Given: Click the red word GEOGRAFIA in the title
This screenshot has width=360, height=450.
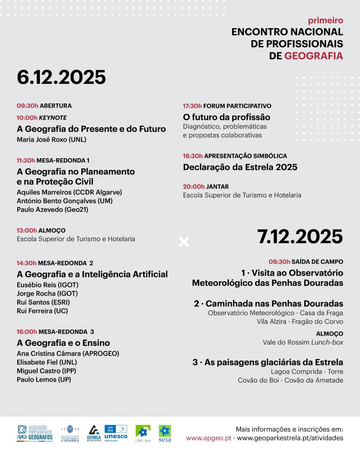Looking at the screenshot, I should click(313, 56).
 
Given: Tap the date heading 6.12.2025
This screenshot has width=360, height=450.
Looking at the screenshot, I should click(61, 77).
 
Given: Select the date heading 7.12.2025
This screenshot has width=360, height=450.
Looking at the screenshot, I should click(300, 236).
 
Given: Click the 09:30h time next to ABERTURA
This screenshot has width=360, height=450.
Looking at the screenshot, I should click(27, 106).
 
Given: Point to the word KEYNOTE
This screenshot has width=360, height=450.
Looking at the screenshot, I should click(53, 118).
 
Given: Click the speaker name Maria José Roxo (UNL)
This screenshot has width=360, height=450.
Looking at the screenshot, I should click(51, 140).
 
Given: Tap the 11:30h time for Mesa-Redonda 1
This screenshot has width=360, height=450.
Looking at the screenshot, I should click(26, 160).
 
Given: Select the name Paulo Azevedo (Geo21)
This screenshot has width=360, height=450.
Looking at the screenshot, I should click(52, 210).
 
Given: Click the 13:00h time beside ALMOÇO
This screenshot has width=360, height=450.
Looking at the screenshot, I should click(27, 231).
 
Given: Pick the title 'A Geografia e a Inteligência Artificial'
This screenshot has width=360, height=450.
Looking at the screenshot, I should click(92, 274).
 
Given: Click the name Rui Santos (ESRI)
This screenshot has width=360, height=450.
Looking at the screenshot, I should click(43, 302).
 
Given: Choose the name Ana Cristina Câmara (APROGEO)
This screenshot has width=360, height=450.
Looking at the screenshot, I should click(68, 354).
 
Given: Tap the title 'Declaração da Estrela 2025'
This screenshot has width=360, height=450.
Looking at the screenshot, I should click(240, 167).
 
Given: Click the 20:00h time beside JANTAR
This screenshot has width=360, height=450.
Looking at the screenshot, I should click(194, 187).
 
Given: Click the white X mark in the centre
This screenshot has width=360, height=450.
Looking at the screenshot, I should click(184, 242).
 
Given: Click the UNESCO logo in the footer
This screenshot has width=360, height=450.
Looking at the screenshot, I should click(115, 432).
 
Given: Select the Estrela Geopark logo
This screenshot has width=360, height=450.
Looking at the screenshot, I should click(94, 433).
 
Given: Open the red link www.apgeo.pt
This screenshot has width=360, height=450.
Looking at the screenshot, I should click(208, 438).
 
